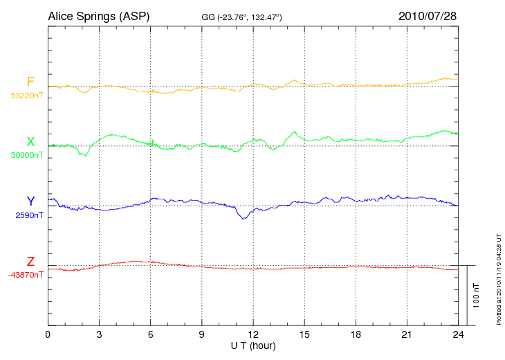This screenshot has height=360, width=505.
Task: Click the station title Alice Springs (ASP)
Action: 98,15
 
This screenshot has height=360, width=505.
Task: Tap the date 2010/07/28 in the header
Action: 428,15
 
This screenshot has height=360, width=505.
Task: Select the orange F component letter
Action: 30,82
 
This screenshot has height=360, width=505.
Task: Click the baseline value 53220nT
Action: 26,96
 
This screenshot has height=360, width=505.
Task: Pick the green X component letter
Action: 30,142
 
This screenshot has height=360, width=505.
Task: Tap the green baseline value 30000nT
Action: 26,155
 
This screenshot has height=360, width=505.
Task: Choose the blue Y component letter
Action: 30,201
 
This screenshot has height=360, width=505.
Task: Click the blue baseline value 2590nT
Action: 30,215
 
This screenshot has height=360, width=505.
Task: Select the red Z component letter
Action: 30,262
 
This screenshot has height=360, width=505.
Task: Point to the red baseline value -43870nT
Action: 26,275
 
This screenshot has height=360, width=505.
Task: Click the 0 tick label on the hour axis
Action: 48,334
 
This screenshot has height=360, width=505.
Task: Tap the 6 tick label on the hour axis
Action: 151,334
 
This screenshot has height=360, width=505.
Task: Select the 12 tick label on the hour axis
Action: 253,334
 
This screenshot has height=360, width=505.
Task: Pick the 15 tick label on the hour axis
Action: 304,334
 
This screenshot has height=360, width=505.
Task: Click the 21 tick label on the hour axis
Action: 407,334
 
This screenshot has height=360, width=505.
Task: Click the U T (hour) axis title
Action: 253,345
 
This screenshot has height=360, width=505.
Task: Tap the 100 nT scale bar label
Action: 476,296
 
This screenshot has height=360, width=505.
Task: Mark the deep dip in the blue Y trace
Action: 243,219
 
